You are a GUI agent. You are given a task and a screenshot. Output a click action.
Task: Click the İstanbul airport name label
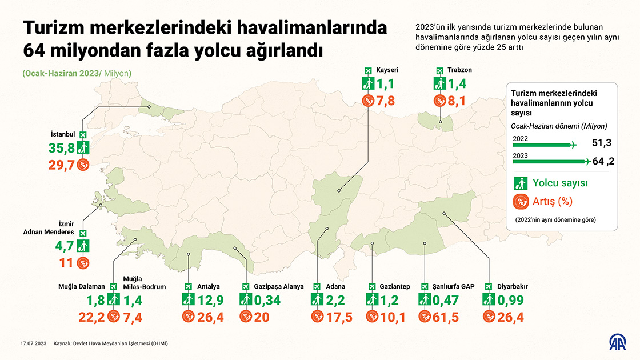63,135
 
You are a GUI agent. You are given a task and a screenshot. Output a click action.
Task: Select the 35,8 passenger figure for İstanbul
62,149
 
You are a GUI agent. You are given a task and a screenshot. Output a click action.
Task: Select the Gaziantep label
394,286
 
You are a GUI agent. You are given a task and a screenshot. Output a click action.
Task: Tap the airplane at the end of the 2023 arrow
585,162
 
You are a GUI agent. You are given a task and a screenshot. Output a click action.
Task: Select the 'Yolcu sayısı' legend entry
560,183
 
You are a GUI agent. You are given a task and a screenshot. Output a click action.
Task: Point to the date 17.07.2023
33,344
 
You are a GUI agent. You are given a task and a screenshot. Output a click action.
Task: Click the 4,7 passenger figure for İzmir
63,247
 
